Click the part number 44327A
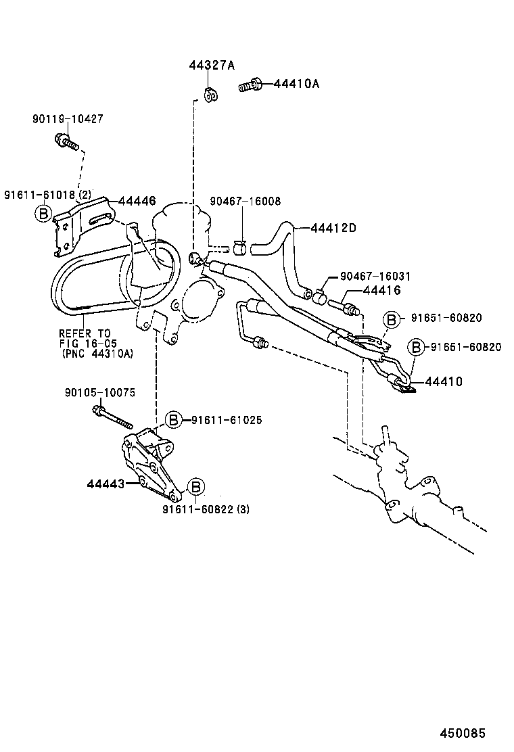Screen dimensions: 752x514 211,66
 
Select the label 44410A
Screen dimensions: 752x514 296,84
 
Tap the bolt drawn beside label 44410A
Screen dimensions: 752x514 250,86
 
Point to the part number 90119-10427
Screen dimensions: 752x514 67,119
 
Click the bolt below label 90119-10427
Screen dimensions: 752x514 65,142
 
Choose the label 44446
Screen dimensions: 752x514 137,201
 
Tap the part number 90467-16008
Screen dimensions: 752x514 245,202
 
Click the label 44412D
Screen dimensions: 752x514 333,228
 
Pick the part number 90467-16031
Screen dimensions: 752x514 375,277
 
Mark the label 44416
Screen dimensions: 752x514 381,291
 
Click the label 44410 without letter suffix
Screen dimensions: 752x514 444,382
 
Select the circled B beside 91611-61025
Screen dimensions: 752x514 174,420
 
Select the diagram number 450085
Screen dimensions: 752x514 463,733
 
